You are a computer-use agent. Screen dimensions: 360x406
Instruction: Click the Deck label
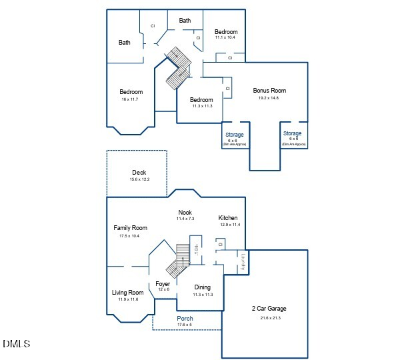139,173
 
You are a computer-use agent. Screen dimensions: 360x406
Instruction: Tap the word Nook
185,213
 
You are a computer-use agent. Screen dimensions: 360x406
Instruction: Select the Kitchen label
228,218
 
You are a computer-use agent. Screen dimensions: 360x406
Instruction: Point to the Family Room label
130,228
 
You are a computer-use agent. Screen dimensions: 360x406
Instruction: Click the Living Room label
127,293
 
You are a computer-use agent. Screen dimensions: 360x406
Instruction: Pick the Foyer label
163,284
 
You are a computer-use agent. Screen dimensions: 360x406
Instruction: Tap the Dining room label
203,287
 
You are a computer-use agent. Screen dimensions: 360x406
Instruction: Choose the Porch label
185,319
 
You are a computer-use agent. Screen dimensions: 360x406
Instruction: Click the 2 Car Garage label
269,309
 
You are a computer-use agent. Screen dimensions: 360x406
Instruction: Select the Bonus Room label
269,91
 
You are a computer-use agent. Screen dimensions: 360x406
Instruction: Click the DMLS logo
16,344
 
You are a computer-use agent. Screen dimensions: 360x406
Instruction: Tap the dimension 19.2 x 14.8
269,98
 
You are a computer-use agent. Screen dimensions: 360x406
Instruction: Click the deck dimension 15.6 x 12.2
139,179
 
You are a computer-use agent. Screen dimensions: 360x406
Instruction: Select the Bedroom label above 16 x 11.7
131,92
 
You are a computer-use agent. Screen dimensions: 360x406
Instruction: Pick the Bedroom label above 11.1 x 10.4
226,32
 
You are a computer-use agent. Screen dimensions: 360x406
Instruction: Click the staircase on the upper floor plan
178,68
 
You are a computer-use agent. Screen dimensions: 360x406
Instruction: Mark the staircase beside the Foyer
179,261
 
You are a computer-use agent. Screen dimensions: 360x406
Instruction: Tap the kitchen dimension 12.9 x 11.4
230,225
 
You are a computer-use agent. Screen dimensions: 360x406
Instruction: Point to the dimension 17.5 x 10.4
129,235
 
